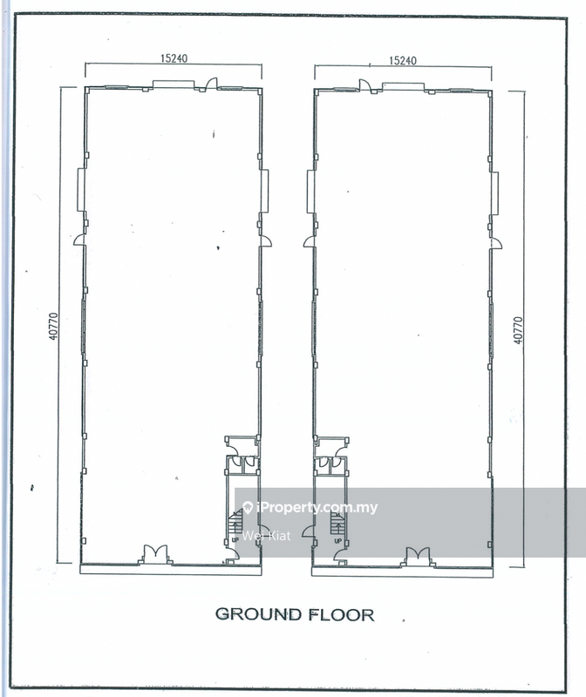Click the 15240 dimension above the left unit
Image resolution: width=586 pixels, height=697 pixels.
click(x=174, y=58)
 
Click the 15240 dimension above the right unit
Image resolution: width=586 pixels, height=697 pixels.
click(x=403, y=60)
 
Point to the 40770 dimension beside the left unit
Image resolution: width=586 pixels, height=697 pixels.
click(x=53, y=326)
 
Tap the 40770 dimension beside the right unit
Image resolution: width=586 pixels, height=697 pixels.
click(x=518, y=330)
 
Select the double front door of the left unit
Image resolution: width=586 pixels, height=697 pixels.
click(x=155, y=554)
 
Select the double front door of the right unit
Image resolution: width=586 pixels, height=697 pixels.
click(x=418, y=557)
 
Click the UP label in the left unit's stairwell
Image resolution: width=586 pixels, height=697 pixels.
click(x=235, y=539)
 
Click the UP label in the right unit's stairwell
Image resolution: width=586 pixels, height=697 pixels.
click(x=337, y=541)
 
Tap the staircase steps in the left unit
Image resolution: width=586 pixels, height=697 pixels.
click(x=235, y=522)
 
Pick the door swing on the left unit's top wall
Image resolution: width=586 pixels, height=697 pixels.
click(x=212, y=84)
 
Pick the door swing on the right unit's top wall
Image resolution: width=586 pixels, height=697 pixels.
click(x=365, y=85)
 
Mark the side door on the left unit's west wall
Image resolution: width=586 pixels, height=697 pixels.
click(x=79, y=240)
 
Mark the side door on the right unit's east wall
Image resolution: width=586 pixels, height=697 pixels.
click(x=495, y=244)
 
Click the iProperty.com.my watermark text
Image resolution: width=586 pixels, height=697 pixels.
click(x=317, y=507)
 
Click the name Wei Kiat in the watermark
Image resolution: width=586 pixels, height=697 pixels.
click(x=267, y=535)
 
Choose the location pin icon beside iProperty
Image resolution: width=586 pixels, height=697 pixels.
click(x=249, y=507)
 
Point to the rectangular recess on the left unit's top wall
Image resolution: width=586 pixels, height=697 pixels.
click(x=174, y=84)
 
